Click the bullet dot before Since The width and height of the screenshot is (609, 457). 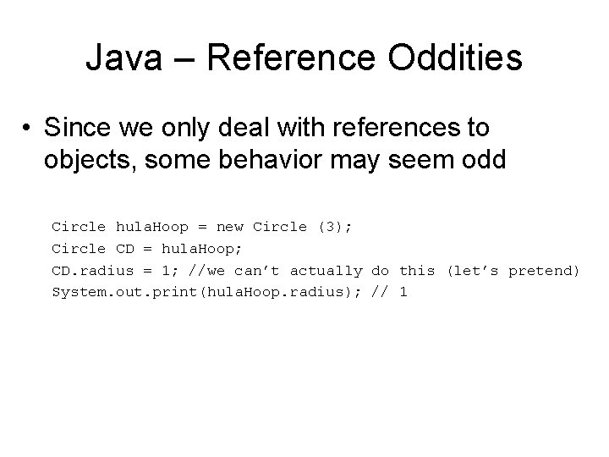pos(28,129)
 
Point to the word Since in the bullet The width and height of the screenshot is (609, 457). pos(80,129)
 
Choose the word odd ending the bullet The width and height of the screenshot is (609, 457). pos(481,160)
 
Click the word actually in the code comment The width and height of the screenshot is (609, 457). pos(326,271)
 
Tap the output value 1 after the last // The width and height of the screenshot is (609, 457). pos(403,293)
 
